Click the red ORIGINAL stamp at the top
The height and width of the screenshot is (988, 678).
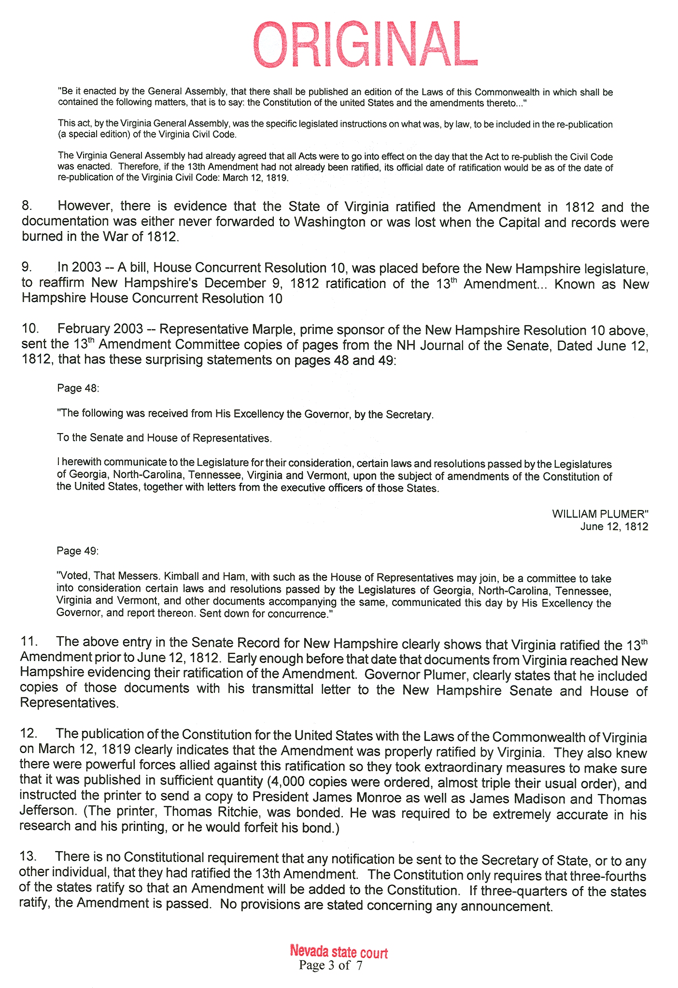[365, 44]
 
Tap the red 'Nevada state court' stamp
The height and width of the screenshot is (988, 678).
[339, 952]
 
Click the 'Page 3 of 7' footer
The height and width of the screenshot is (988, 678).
[330, 965]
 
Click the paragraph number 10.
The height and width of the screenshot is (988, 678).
[29, 329]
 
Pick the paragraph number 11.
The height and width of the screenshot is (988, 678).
[28, 641]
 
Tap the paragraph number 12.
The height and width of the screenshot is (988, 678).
[28, 733]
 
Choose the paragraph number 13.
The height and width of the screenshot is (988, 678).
[28, 857]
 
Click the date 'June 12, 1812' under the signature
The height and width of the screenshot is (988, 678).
[614, 526]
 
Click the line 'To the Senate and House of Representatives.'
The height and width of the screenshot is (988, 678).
[164, 438]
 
